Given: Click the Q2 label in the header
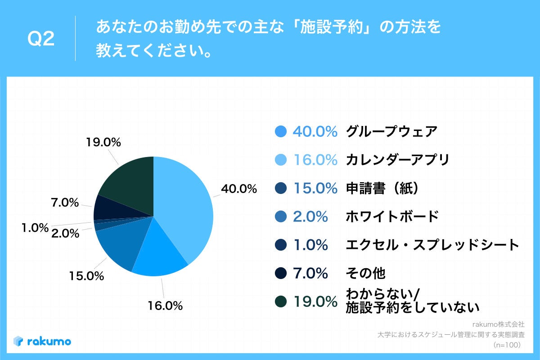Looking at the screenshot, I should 41,39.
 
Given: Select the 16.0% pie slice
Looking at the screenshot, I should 157,252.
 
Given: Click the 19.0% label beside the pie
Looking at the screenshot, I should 103,143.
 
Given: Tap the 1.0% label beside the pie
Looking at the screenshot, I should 35,228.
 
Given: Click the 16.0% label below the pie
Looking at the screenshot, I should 165,306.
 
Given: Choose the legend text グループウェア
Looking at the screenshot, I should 391,131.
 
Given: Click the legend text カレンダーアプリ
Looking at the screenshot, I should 397,160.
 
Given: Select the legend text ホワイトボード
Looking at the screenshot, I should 391,216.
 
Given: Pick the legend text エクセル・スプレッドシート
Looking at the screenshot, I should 432,245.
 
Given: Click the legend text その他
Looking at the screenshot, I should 365,273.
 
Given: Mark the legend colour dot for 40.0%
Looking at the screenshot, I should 280,131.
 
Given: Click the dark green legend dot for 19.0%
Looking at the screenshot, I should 280,301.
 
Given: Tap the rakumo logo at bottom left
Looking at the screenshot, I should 42,341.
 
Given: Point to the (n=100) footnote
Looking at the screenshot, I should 507,345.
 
